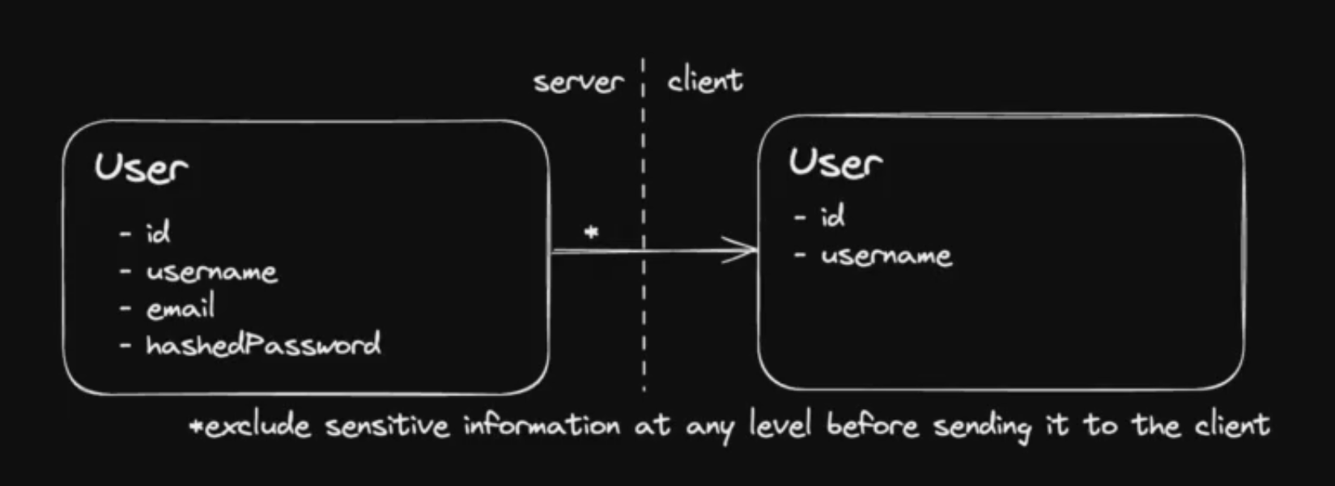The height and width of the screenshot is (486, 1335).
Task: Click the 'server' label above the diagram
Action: point(578,82)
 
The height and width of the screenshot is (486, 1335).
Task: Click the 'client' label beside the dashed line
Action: point(704,80)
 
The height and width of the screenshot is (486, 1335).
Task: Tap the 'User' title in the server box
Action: point(141,168)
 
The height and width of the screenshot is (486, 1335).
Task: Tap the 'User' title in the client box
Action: point(835,162)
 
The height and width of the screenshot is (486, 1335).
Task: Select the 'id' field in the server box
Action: point(158,233)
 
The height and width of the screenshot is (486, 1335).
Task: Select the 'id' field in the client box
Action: point(833,216)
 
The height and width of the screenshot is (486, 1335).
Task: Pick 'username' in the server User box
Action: point(211,271)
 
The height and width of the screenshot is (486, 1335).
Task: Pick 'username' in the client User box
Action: point(886,256)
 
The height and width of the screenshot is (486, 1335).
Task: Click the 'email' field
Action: point(181,309)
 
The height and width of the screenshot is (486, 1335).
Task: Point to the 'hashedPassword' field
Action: point(263,345)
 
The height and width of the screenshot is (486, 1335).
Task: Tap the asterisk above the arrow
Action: point(592,233)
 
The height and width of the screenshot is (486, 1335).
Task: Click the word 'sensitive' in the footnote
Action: point(387,426)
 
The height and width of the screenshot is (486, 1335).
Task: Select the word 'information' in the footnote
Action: point(542,426)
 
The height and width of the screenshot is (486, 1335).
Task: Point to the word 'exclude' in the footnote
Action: point(257,426)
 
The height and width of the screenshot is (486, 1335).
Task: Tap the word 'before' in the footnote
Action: point(873,425)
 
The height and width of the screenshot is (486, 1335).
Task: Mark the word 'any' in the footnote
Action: point(709,428)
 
